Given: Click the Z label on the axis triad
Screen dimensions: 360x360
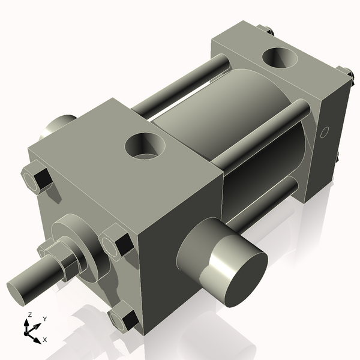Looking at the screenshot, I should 31,314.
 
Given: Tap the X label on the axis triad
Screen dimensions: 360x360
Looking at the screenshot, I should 45,340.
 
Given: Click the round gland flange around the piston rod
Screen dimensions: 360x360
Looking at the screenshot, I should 75,234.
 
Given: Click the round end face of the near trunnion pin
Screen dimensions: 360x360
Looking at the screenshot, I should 237,274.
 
